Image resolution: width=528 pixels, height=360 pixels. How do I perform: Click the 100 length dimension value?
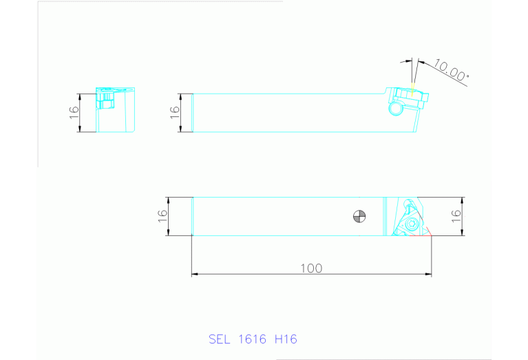tap(311, 268)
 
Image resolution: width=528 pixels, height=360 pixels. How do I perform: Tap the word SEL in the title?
tap(219, 339)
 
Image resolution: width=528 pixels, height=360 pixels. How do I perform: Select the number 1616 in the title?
tap(252, 339)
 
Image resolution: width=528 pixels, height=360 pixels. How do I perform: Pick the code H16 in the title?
tap(286, 339)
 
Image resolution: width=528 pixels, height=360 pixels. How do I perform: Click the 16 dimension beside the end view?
tap(74, 112)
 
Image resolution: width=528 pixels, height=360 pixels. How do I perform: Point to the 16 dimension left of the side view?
tap(175, 113)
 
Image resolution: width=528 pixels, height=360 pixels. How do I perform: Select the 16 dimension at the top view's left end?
tap(162, 216)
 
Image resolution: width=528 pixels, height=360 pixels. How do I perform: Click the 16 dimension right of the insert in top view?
tap(456, 216)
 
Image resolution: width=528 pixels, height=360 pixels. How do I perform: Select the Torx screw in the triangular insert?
tap(411, 223)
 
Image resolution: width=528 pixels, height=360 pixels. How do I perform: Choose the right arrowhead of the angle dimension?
tap(420, 63)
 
